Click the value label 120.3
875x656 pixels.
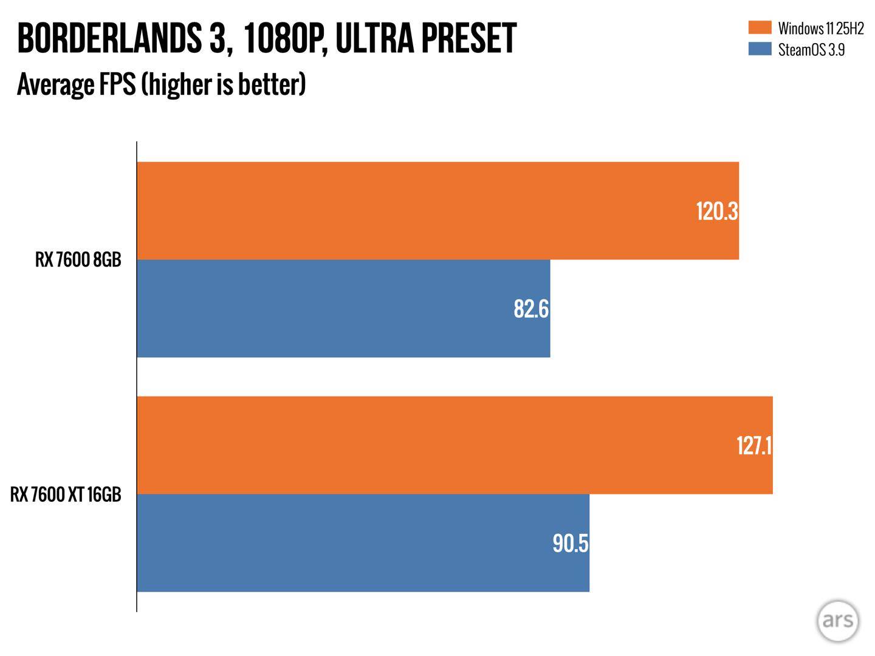(x=716, y=211)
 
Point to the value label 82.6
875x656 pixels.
(x=530, y=309)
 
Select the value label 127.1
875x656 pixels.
(x=753, y=446)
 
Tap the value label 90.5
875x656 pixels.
(x=570, y=544)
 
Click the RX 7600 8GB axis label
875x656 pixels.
(x=78, y=260)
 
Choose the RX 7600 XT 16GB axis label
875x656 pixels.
(x=66, y=494)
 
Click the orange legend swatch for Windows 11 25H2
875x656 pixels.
(x=760, y=28)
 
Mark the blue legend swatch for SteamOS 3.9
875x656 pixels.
(x=760, y=49)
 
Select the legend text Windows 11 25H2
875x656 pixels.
(x=820, y=29)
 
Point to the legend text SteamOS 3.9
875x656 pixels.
(x=811, y=50)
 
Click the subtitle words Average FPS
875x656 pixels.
(x=76, y=84)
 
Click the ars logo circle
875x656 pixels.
(x=838, y=621)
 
